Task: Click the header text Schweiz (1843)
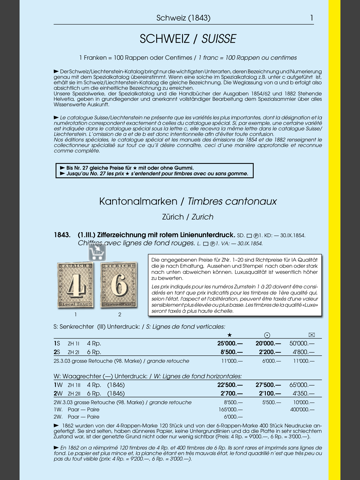179,18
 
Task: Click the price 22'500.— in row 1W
231,384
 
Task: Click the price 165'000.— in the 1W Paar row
231,409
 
